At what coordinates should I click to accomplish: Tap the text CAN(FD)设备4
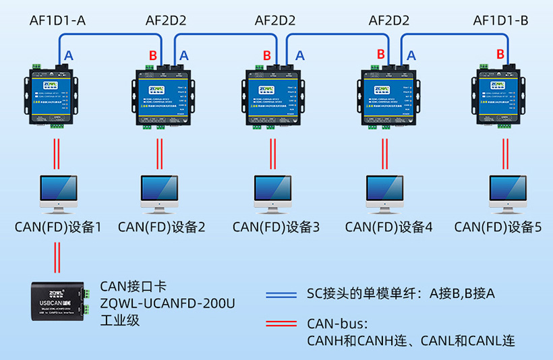click(x=388, y=227)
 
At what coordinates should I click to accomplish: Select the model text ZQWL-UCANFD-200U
click(x=167, y=304)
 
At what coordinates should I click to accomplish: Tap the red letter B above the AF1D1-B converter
click(x=500, y=54)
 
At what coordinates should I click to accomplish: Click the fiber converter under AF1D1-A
click(x=49, y=94)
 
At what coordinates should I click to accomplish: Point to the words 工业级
click(x=119, y=320)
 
